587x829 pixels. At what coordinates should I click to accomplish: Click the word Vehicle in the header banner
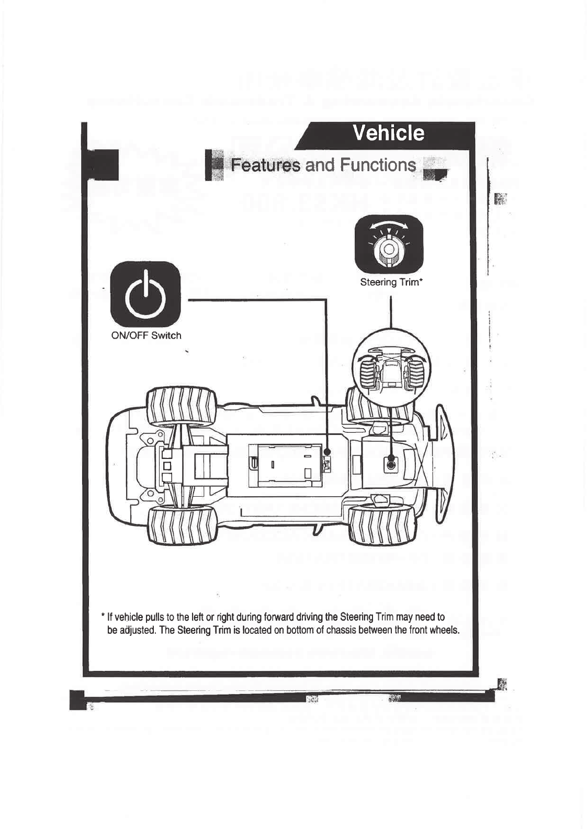coord(388,133)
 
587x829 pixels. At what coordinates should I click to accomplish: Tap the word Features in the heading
coord(266,165)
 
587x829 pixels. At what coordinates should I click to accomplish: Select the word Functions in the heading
coord(377,165)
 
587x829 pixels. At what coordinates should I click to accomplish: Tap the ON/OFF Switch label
coord(146,336)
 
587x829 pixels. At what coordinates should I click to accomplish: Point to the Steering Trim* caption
coord(391,283)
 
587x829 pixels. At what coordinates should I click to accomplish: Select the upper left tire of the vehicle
coord(180,407)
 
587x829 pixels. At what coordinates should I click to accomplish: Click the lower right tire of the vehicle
coord(381,525)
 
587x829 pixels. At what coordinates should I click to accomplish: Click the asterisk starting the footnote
coord(104,616)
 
